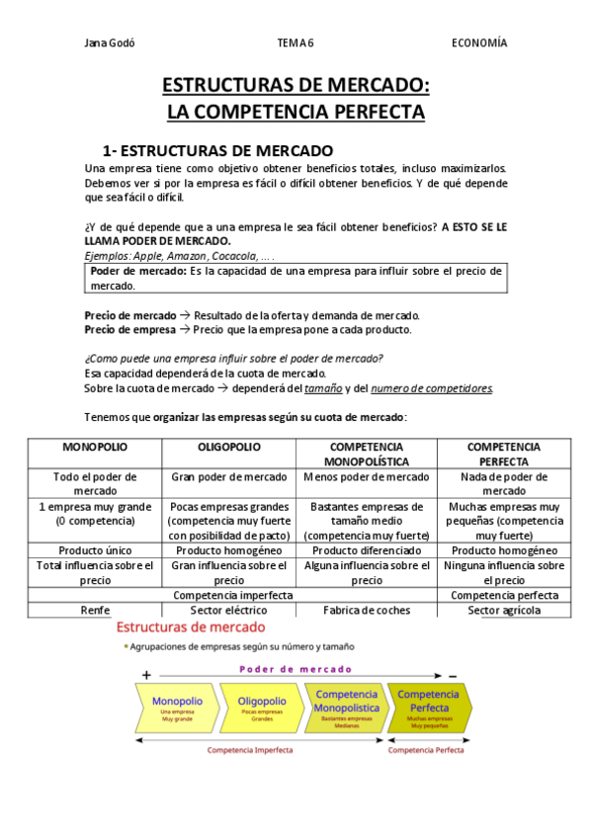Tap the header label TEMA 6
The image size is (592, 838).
[x=296, y=42]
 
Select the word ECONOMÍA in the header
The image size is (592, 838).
[x=479, y=42]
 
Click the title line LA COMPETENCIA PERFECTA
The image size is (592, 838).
[x=296, y=112]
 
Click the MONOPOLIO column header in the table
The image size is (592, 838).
[x=95, y=448]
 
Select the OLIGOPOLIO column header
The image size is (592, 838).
[x=228, y=448]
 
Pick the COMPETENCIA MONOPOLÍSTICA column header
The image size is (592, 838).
[x=366, y=455]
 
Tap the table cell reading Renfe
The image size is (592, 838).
[x=95, y=611]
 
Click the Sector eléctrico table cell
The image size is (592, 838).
[x=228, y=611]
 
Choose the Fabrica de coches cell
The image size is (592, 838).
[x=366, y=611]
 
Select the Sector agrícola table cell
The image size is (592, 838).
[x=503, y=611]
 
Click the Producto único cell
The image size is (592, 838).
[x=95, y=550]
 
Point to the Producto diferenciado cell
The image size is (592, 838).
[x=366, y=550]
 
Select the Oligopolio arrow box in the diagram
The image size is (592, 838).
[x=262, y=706]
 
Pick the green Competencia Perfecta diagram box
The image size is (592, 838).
[x=429, y=706]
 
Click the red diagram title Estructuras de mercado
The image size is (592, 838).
[x=191, y=628]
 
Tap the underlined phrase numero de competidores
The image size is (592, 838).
[x=431, y=388]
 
